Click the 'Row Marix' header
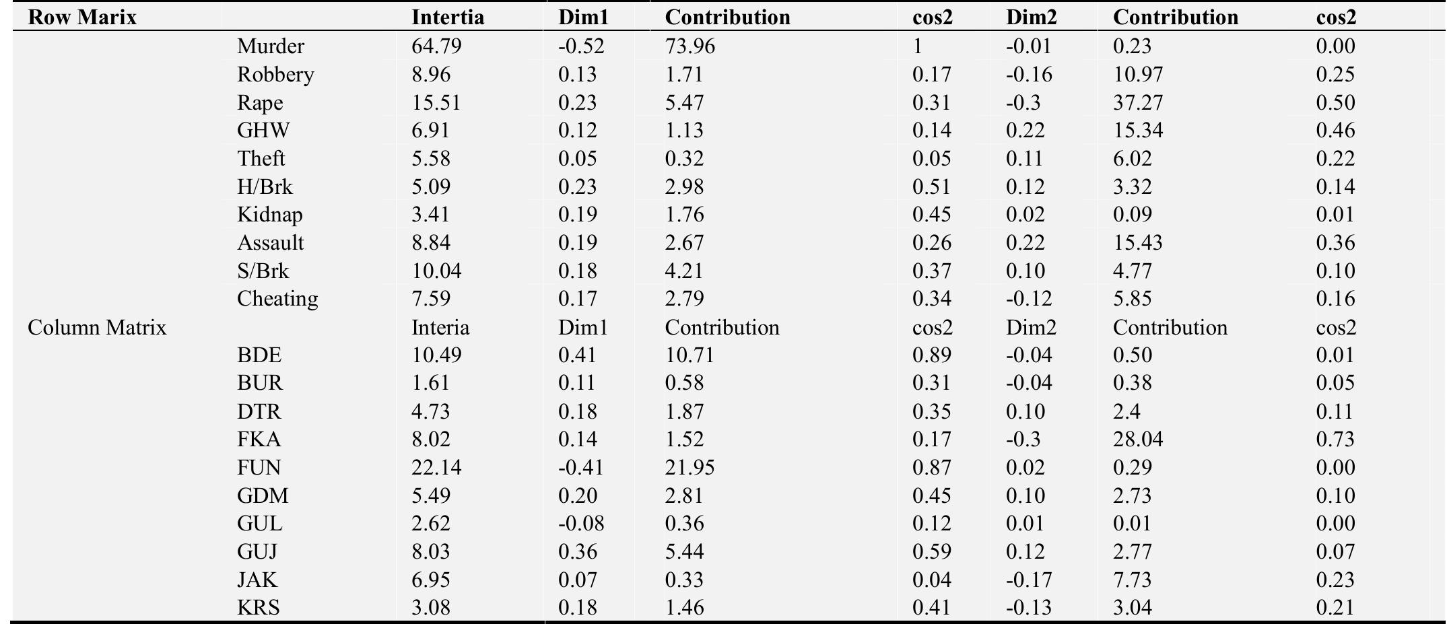82,18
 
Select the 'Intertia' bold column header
448,18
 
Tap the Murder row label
271,46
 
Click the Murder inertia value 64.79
436,46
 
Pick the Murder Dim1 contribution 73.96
690,46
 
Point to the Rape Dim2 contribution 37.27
1138,103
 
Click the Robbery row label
275,75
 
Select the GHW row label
263,131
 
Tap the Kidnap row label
270,215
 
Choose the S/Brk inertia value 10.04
436,271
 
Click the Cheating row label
277,299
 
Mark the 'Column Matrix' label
97,328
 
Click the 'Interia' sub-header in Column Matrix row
440,328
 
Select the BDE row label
259,355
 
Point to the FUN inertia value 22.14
436,468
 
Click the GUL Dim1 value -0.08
581,524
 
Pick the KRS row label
259,608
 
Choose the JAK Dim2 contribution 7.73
1133,580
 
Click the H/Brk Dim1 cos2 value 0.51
932,187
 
